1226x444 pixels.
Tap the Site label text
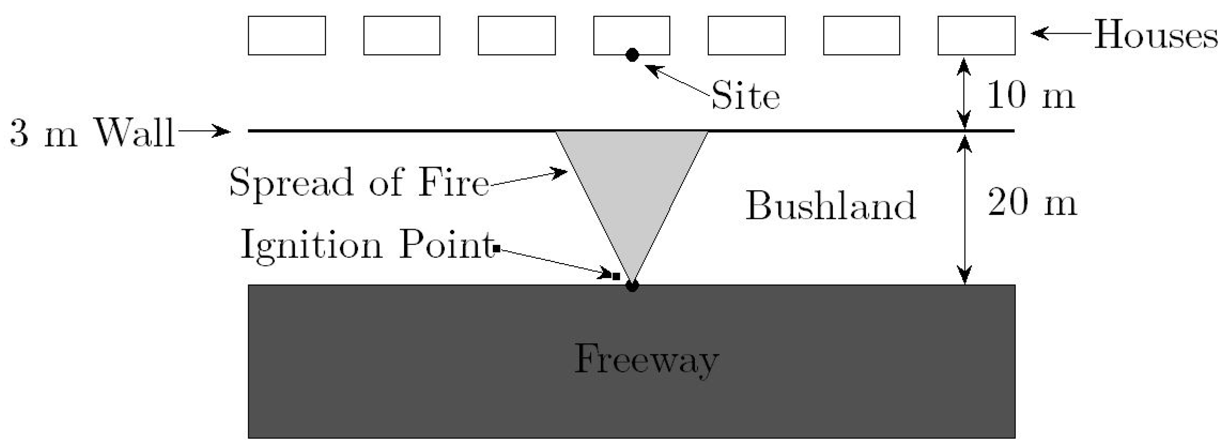click(745, 96)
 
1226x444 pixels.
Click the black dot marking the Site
click(632, 55)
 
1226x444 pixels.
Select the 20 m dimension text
click(1032, 202)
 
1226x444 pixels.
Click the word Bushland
click(831, 206)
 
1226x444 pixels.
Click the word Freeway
click(646, 360)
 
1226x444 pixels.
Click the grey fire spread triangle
click(632, 181)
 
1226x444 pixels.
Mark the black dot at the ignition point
click(632, 286)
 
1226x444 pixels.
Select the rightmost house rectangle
click(976, 35)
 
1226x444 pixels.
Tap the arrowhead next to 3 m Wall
click(221, 131)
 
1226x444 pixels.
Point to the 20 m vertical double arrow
click(964, 209)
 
